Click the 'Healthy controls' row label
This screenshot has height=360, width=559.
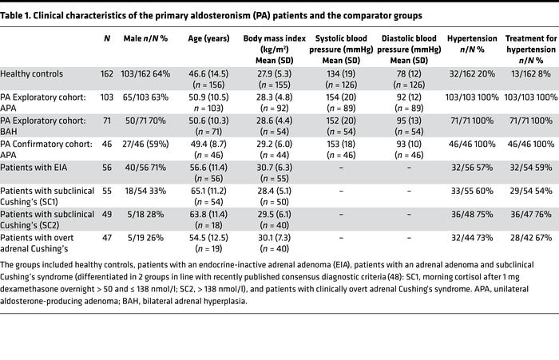tap(31, 73)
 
